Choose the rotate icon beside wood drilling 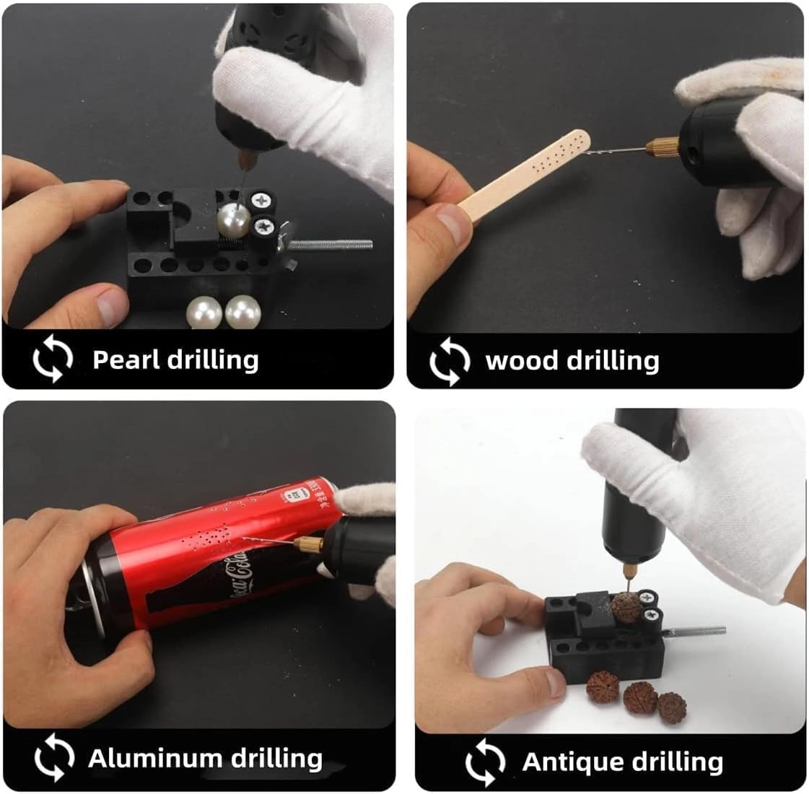[x=449, y=360]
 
